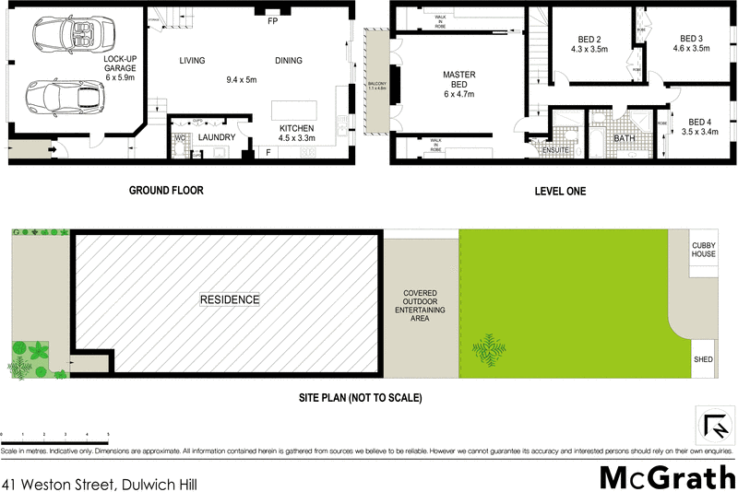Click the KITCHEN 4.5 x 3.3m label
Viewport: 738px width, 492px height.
(298, 133)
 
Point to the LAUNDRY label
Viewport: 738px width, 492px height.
(217, 137)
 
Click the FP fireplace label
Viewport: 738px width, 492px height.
(273, 20)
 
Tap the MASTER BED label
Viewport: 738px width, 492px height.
(458, 83)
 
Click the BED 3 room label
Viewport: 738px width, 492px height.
(691, 42)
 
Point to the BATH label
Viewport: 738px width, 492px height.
(625, 140)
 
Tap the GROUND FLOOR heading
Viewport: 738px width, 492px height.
(165, 191)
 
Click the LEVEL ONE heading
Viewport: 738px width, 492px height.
(560, 191)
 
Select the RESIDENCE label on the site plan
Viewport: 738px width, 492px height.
(230, 299)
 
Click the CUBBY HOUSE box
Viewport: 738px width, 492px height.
(704, 249)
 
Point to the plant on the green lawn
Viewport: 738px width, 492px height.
(488, 348)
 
